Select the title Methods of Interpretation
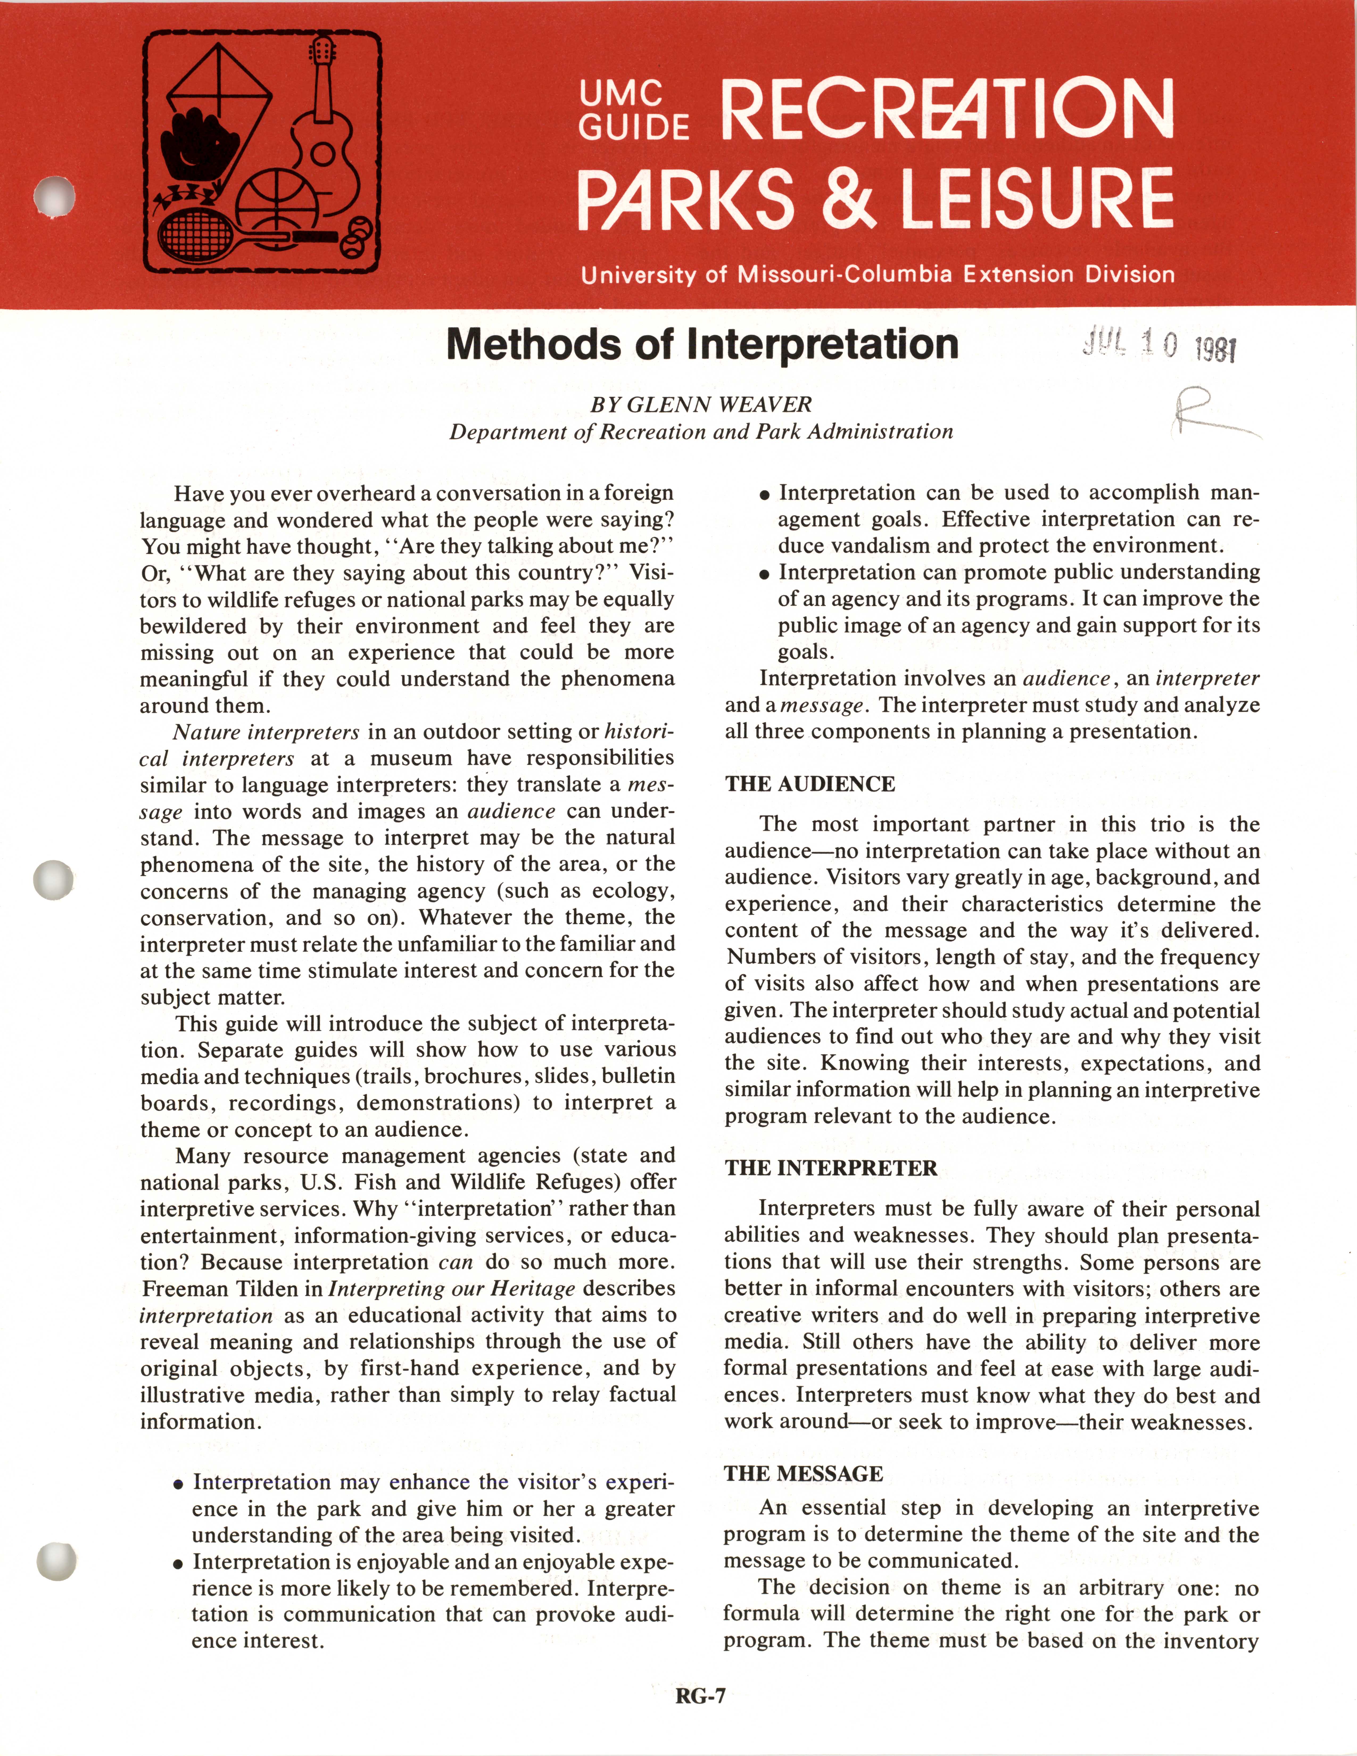(702, 344)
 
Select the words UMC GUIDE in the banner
(633, 110)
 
